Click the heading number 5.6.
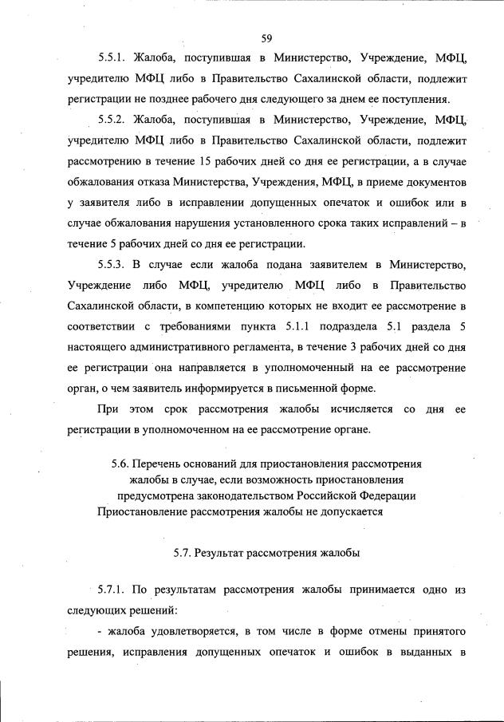click(120, 464)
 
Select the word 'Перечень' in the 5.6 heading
click(159, 464)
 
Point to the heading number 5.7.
click(183, 552)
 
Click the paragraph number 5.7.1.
click(114, 591)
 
